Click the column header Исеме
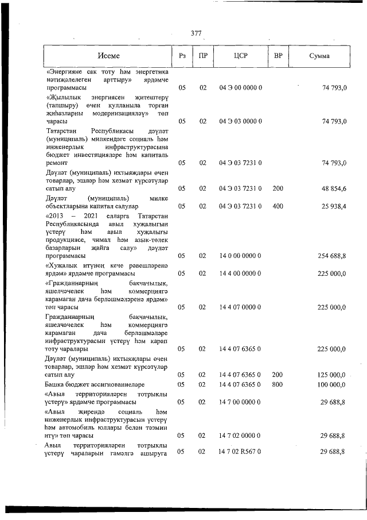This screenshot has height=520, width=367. pos(108,56)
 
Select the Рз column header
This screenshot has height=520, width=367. pos(182,56)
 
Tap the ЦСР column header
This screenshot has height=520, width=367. pos(240,56)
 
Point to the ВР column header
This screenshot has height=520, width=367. pos(278,56)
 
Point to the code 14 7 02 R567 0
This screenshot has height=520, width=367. pos(240,452)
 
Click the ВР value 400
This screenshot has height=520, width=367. pos(278,206)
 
